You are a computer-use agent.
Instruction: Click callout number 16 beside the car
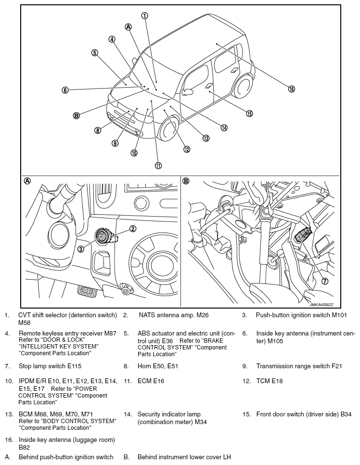pos(291,89)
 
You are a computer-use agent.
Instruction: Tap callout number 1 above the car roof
pos(144,15)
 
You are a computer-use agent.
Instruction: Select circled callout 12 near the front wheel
pos(187,149)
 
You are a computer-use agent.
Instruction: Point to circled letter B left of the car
pos(76,116)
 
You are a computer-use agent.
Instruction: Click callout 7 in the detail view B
pos(324,281)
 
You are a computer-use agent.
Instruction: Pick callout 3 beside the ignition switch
pos(81,249)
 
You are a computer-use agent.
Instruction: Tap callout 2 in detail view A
pos(133,229)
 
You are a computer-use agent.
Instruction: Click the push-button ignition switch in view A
pos(103,236)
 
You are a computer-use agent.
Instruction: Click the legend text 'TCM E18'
pos(269,381)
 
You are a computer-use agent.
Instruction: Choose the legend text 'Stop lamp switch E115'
pos(53,366)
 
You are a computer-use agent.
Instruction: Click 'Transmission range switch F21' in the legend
pos(299,366)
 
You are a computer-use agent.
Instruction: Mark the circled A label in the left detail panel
pos(27,181)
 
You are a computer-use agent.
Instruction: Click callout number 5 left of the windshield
pos(95,53)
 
